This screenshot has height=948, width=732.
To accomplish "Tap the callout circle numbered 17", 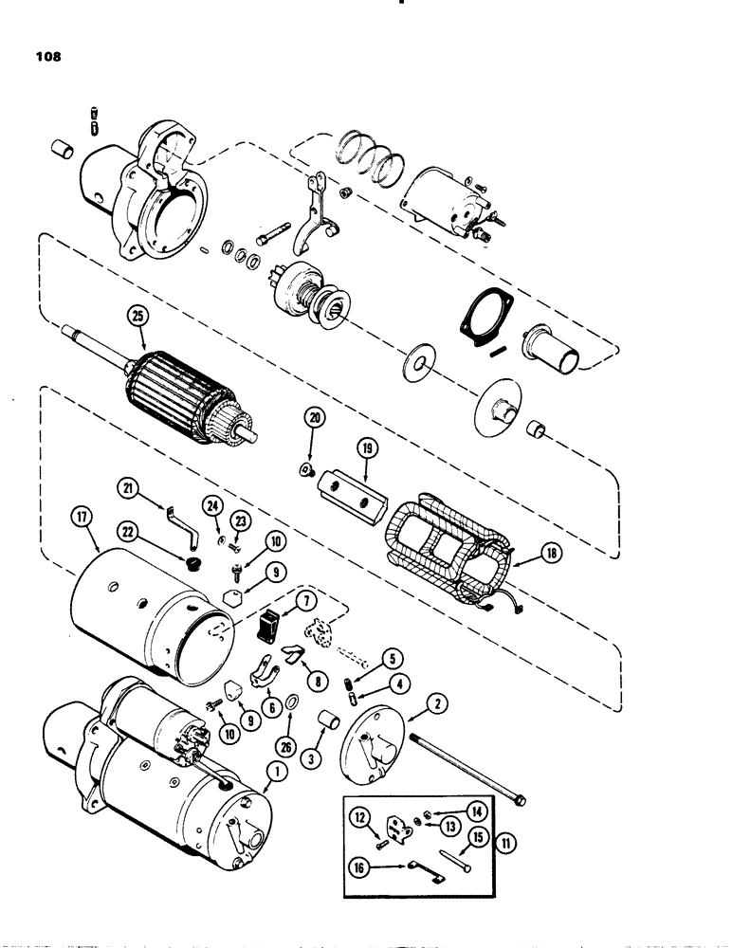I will [x=82, y=519].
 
